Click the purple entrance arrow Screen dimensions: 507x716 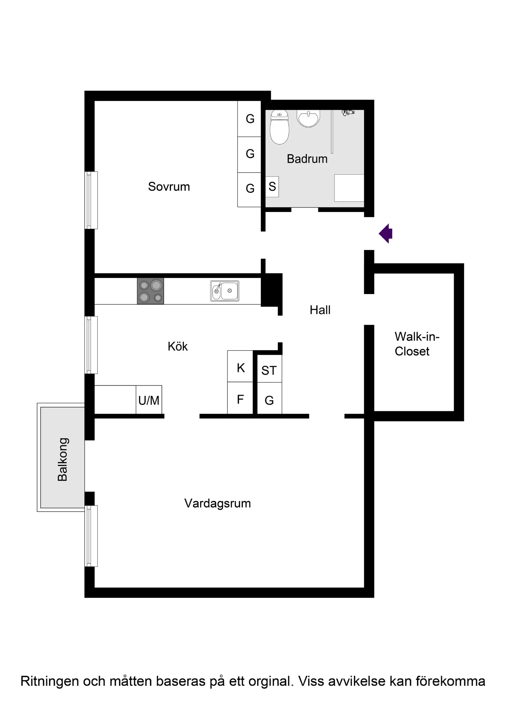[x=386, y=233]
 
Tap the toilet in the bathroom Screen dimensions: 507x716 [x=279, y=127]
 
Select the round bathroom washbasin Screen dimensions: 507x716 [x=309, y=118]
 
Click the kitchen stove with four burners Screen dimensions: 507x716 [x=151, y=291]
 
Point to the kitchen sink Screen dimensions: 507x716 [x=225, y=291]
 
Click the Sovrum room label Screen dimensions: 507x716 [x=169, y=187]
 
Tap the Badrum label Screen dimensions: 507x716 [x=307, y=159]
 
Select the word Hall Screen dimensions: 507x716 [x=320, y=310]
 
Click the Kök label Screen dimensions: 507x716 [x=178, y=346]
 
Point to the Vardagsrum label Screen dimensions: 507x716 [x=218, y=503]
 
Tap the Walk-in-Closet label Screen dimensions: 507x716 [x=417, y=344]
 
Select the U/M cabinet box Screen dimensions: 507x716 [x=149, y=400]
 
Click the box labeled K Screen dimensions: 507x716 [x=240, y=366]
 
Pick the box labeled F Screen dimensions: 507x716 [x=240, y=398]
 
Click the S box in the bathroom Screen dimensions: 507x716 [x=272, y=187]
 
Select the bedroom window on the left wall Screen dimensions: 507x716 [x=91, y=200]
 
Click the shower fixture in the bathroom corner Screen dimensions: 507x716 [x=348, y=112]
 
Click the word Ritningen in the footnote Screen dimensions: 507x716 [x=50, y=681]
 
